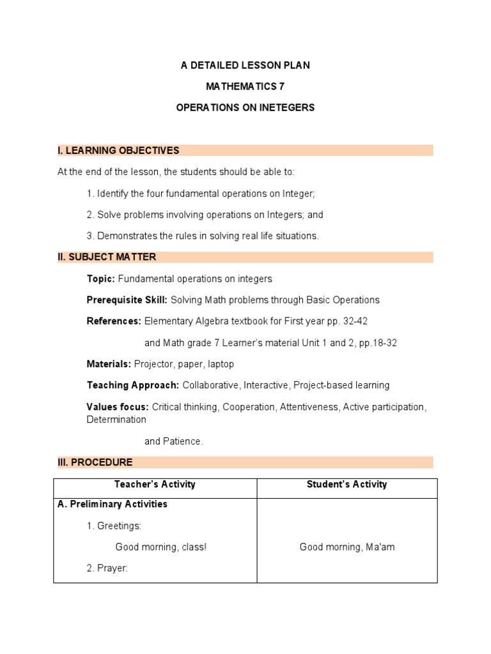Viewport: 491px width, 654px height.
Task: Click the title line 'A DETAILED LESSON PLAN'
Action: pyautogui.click(x=245, y=66)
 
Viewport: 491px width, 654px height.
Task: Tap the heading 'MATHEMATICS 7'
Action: pyautogui.click(x=245, y=87)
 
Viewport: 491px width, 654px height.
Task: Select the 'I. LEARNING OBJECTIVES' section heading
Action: pyautogui.click(x=118, y=151)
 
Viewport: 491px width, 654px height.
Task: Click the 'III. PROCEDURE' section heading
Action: pyautogui.click(x=95, y=462)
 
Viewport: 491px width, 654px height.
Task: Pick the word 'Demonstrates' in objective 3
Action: pyautogui.click(x=123, y=236)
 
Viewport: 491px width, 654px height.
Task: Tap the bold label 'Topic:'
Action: pyautogui.click(x=101, y=279)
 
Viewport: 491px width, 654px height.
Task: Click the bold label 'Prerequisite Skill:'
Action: pyautogui.click(x=127, y=300)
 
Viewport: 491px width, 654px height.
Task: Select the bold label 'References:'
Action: pyautogui.click(x=114, y=321)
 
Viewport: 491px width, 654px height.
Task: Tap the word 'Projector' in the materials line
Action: pyautogui.click(x=153, y=364)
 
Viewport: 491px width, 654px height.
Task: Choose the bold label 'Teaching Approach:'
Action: pyautogui.click(x=133, y=385)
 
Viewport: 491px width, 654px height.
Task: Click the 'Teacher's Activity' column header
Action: pyautogui.click(x=155, y=485)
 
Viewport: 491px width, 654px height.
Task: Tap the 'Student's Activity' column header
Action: pyautogui.click(x=347, y=485)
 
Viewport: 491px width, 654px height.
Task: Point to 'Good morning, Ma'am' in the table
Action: pyautogui.click(x=347, y=547)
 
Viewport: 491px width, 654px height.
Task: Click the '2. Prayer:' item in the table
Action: pyautogui.click(x=107, y=568)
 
